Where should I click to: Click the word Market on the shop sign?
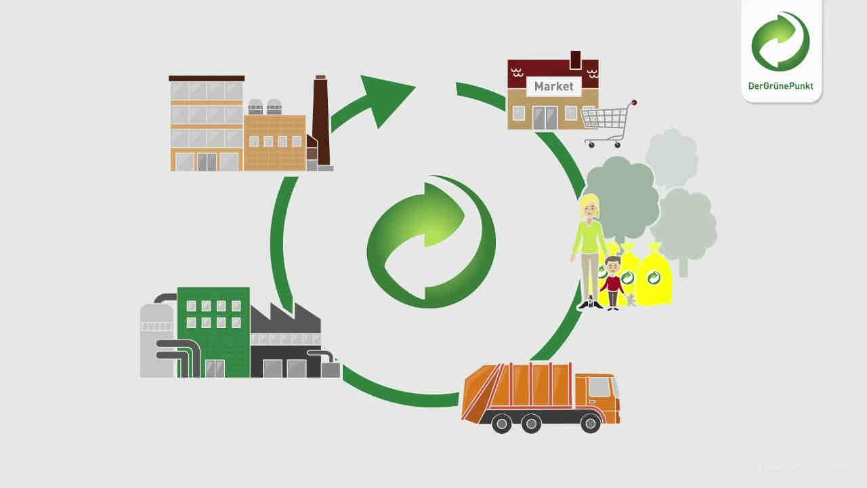(x=553, y=86)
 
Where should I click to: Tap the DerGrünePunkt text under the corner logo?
(x=780, y=86)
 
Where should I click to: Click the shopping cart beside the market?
(x=609, y=124)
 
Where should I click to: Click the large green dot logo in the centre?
(x=431, y=241)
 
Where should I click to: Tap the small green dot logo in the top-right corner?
(x=780, y=41)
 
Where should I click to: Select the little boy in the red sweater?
(x=613, y=283)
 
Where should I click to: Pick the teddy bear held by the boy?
(x=631, y=300)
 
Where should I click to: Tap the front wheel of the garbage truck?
(x=590, y=423)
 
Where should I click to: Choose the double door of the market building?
(x=545, y=118)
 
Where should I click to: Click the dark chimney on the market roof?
(x=576, y=60)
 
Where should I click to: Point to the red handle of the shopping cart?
(x=633, y=102)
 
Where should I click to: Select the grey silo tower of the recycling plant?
(x=156, y=340)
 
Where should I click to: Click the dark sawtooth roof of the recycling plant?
(x=285, y=319)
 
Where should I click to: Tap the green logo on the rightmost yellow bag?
(x=654, y=278)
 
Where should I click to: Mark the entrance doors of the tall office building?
(x=207, y=162)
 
